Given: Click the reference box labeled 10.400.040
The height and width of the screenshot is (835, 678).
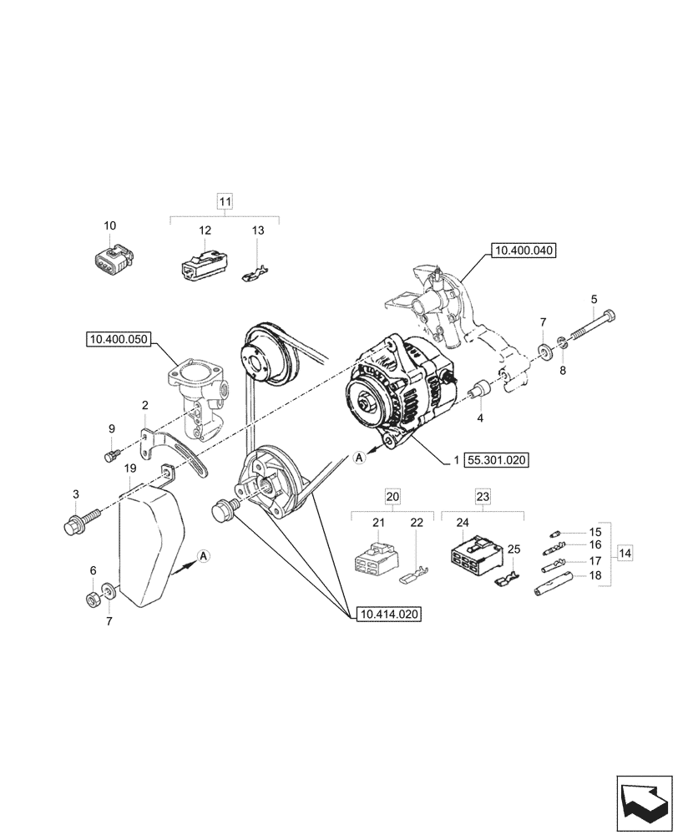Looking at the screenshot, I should click(524, 250).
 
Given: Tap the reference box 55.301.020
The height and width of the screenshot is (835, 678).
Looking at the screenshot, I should click(498, 459).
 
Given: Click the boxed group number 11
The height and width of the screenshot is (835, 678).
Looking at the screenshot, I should click(225, 201).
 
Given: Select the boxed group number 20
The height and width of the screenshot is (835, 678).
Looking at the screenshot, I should click(392, 496).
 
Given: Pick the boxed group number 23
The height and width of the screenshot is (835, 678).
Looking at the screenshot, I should click(483, 496).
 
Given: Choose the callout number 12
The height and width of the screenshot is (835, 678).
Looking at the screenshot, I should click(205, 230).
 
